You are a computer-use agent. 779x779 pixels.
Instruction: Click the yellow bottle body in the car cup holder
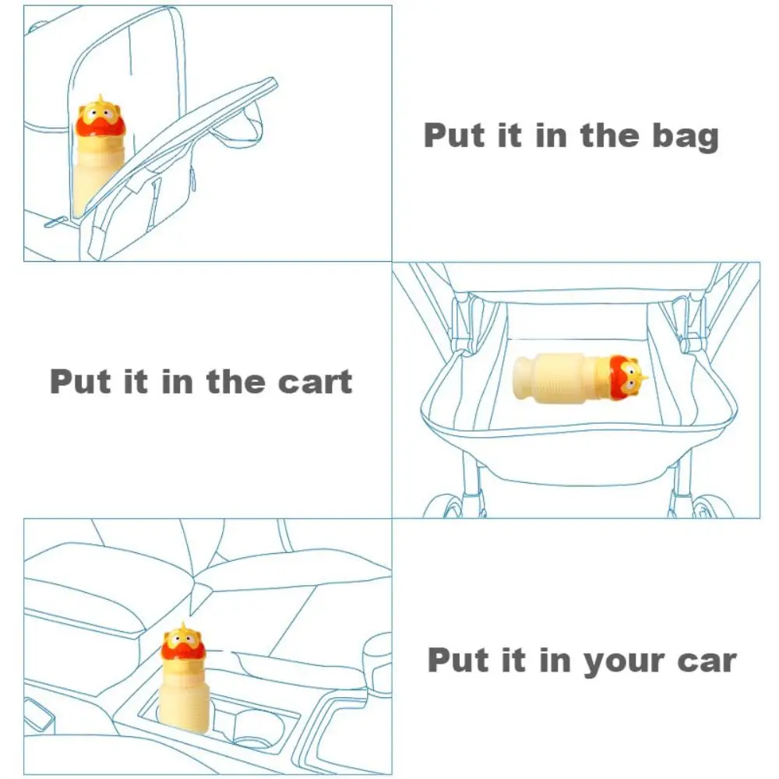184,700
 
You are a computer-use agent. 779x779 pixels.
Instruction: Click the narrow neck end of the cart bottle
523,378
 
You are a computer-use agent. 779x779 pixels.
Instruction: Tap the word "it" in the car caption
506,661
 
